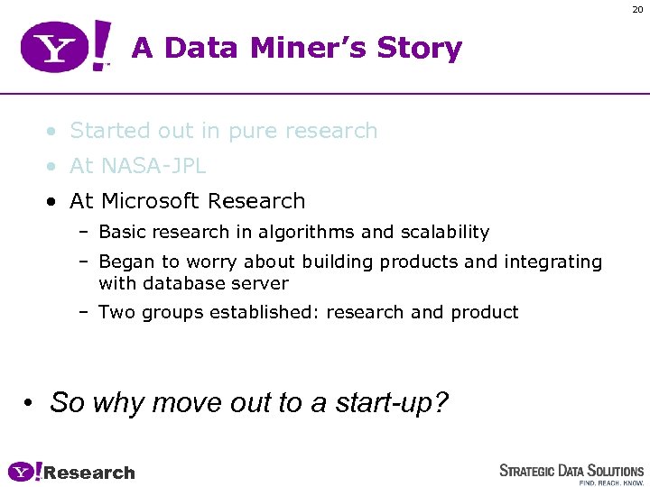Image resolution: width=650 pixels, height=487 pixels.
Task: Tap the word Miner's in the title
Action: tap(300, 48)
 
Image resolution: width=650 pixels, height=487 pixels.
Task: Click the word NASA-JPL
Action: tap(153, 166)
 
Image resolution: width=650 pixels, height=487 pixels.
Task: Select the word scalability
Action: tap(444, 233)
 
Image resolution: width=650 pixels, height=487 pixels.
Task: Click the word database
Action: tap(181, 283)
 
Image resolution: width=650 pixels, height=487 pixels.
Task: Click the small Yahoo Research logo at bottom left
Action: tap(71, 472)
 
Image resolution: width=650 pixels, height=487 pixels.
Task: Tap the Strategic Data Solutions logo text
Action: tap(571, 471)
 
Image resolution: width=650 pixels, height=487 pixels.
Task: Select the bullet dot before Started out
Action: tap(55, 132)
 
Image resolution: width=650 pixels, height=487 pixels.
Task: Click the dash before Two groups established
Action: tap(82, 313)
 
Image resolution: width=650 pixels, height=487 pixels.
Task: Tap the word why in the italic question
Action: tap(119, 402)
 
